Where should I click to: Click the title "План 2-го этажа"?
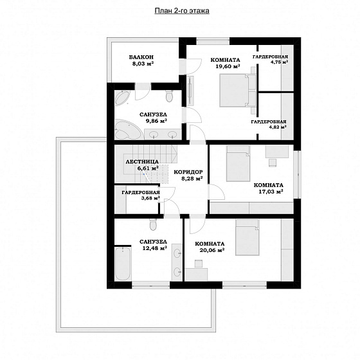(182, 11)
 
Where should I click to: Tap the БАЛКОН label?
(141, 57)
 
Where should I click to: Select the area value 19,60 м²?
(228, 66)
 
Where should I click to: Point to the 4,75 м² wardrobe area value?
(279, 62)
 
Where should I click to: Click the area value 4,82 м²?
(278, 127)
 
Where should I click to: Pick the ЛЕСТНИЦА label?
(142, 161)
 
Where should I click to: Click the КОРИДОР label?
(188, 172)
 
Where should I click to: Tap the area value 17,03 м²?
(271, 192)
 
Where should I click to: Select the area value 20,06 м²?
(212, 250)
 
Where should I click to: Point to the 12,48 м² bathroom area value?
(154, 248)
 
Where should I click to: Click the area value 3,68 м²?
(150, 198)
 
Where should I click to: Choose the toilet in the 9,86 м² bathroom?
(169, 96)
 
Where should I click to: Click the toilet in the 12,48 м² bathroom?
(153, 224)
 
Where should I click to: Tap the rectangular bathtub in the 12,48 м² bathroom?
(123, 264)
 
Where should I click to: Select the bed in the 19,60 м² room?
(234, 90)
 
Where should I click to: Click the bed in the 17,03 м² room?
(238, 163)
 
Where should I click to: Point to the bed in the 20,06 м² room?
(247, 237)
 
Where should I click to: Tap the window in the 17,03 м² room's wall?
(298, 174)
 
